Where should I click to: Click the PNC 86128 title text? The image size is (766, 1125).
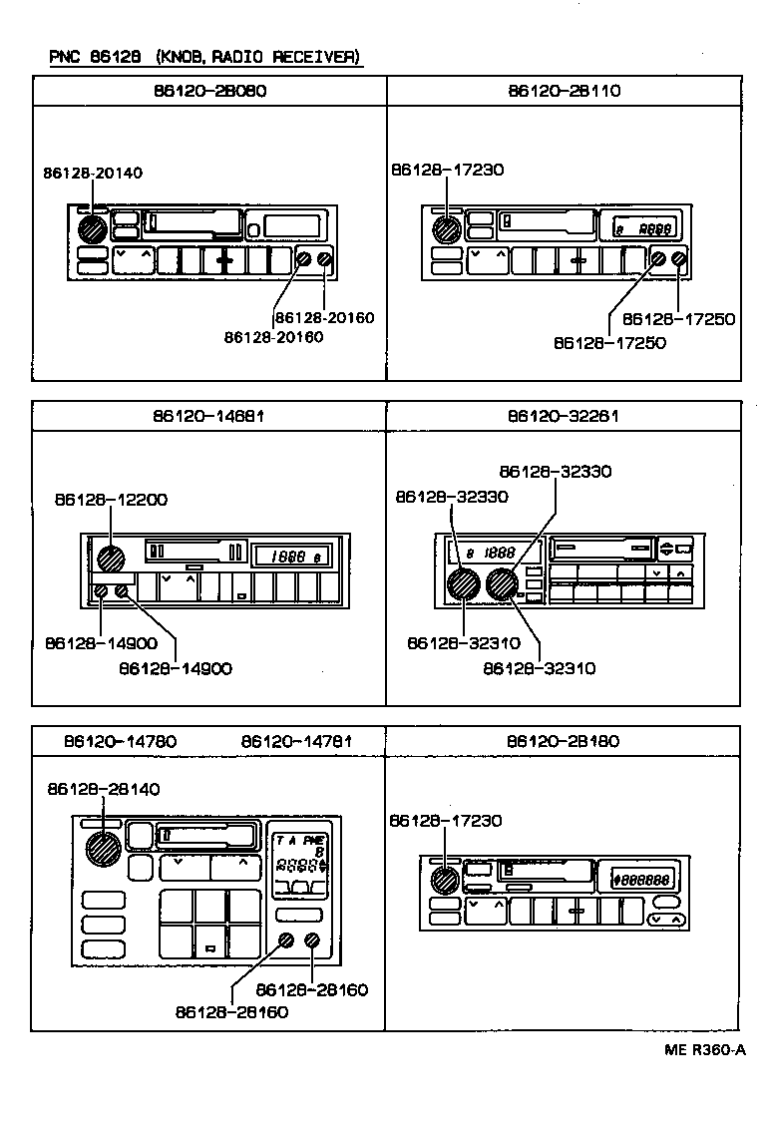coord(203,57)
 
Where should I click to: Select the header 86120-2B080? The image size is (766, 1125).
coord(209,90)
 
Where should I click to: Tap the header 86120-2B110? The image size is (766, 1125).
coord(564,90)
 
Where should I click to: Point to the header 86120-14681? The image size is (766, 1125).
coord(209,415)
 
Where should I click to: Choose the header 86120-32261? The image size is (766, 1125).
coord(564,415)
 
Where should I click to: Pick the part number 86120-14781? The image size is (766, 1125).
coord(296,741)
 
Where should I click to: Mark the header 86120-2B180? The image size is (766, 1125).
coord(564,741)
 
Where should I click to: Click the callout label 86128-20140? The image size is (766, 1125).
coord(93,173)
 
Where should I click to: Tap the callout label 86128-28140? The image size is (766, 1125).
coord(103,789)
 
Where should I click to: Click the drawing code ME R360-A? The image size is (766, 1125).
coord(705,1049)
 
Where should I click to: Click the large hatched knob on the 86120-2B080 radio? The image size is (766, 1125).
coord(92,229)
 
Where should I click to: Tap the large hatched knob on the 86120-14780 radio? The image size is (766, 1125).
coord(103,849)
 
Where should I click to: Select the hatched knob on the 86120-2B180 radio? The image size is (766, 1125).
coord(444,881)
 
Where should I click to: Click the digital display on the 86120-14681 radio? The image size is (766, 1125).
coord(295,557)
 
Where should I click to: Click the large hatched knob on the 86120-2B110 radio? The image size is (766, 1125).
coord(445,229)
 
